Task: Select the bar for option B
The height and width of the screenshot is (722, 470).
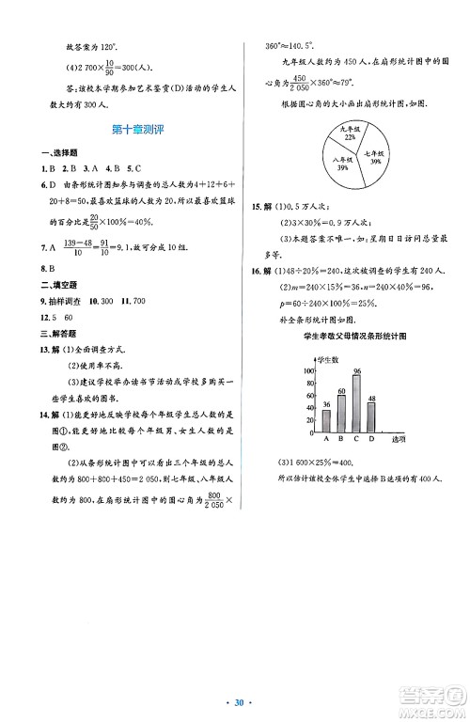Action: [341, 411]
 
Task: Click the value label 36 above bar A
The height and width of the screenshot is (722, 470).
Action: [326, 404]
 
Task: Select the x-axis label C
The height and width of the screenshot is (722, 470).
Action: [356, 438]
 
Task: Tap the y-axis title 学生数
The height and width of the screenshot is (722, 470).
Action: [324, 360]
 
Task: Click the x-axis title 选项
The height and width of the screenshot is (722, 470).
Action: [398, 439]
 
